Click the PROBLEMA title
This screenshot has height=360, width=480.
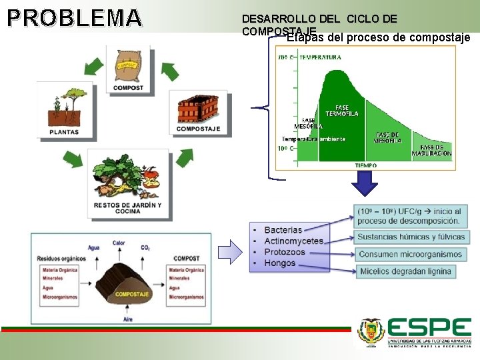[x=75, y=18]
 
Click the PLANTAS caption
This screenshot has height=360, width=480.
[x=64, y=132]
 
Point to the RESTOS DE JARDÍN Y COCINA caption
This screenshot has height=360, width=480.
[x=127, y=208]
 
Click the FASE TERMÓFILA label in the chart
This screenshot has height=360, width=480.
[x=341, y=110]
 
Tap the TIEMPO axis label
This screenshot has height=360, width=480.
[x=365, y=165]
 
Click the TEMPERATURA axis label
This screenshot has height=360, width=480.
[x=321, y=57]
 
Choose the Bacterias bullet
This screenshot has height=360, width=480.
[x=283, y=230]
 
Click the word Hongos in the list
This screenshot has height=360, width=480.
[x=280, y=263]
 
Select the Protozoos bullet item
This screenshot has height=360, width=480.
[x=285, y=252]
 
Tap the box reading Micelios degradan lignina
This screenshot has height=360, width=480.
[x=405, y=271]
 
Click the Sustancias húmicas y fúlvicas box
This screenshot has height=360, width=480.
[x=411, y=237]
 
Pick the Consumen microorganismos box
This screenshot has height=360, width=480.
[x=410, y=254]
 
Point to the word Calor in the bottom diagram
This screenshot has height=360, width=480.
[x=119, y=243]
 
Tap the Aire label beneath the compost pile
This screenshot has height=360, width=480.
[x=128, y=319]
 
